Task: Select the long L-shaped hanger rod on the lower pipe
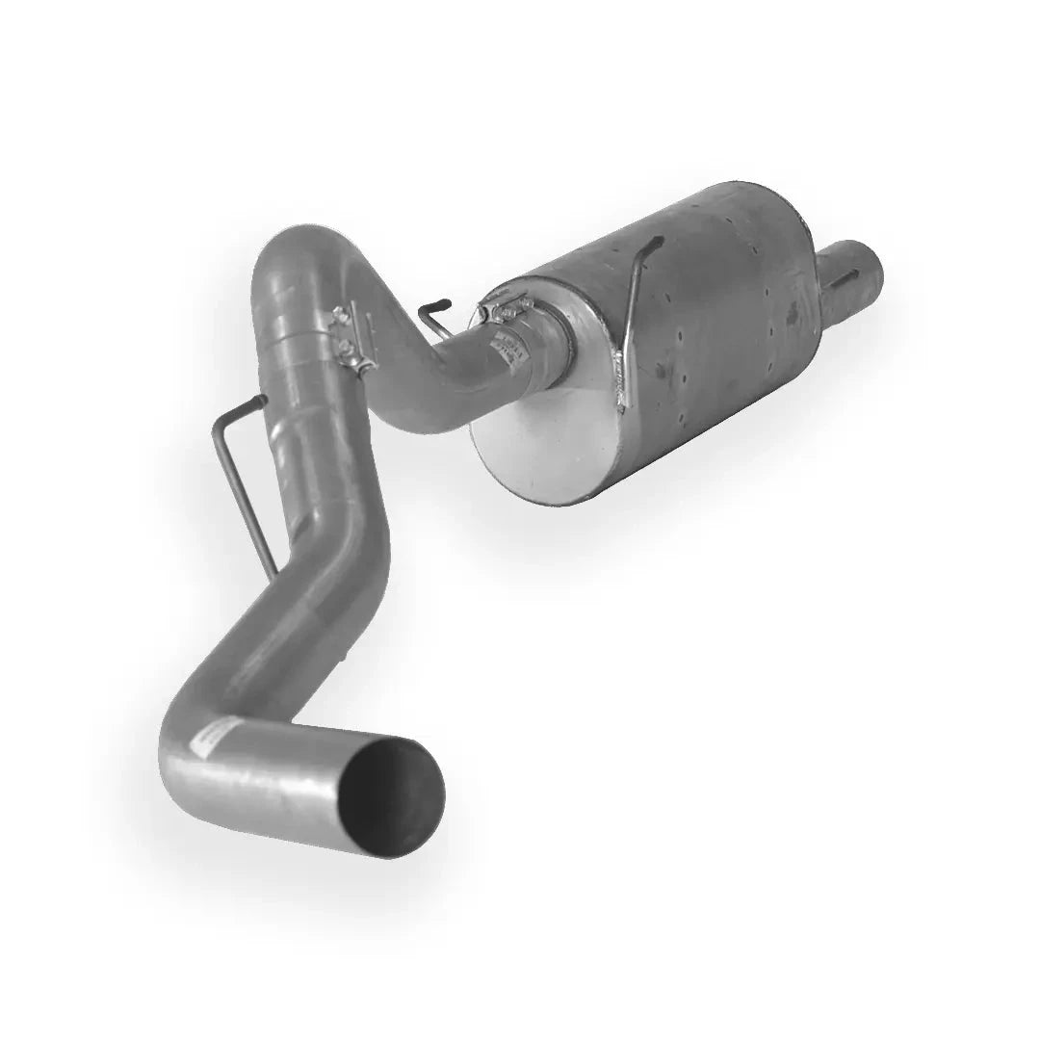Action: pyautogui.click(x=240, y=481)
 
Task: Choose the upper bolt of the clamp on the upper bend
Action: pyautogui.click(x=340, y=316)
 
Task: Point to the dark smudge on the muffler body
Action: pyautogui.click(x=792, y=311)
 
